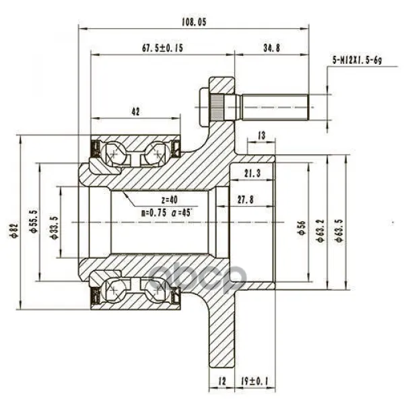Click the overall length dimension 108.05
click(194, 22)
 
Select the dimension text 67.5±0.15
click(162, 48)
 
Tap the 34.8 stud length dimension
click(271, 48)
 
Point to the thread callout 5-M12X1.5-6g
click(357, 61)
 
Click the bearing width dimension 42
click(135, 112)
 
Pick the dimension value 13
click(261, 135)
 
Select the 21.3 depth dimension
click(252, 174)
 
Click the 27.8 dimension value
click(246, 200)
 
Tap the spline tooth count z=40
click(169, 200)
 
